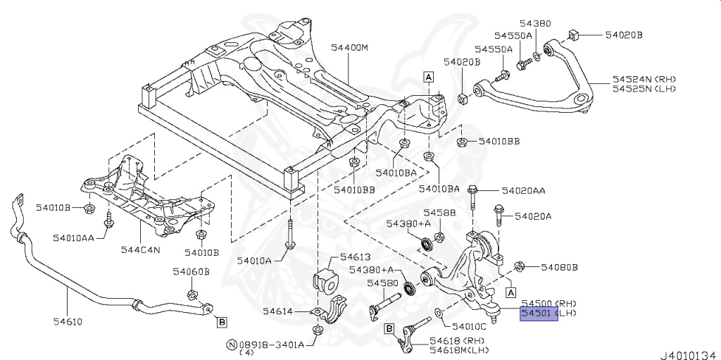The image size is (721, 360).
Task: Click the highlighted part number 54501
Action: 537,313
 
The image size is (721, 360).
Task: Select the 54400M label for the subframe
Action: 350,48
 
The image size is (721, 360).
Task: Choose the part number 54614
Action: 280,311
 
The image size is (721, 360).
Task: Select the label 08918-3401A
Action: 272,345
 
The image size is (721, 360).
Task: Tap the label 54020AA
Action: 524,191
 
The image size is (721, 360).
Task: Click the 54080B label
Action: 559,267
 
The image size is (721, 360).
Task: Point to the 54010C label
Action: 469,326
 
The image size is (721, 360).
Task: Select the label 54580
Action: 382,283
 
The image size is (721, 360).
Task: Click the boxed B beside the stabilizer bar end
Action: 222,323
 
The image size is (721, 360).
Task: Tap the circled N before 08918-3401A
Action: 230,345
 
